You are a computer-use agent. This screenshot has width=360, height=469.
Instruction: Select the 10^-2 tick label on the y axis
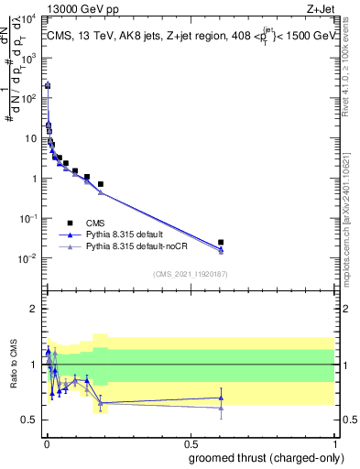(27, 258)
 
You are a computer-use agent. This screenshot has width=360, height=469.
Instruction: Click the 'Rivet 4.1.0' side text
(350, 64)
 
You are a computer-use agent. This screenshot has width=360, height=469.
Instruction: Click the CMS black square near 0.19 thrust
(101, 184)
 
